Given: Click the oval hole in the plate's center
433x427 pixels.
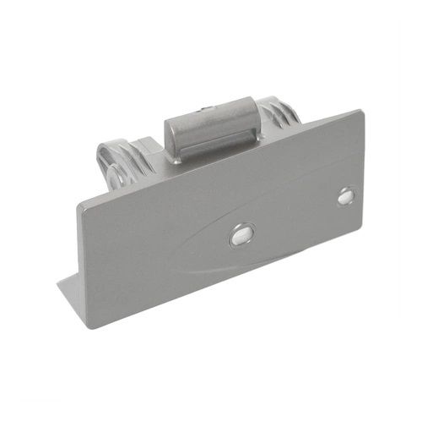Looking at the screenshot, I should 241,235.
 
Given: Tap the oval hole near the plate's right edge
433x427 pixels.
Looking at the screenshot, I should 345,195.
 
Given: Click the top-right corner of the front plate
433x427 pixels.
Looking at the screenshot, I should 362,111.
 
